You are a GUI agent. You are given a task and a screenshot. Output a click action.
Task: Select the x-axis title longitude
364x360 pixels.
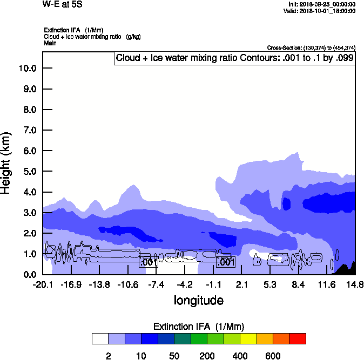pyautogui.click(x=198, y=300)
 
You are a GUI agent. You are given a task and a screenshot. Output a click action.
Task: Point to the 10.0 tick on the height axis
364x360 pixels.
pyautogui.click(x=27, y=69)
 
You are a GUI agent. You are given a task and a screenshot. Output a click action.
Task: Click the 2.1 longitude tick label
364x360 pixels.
pyautogui.click(x=241, y=284)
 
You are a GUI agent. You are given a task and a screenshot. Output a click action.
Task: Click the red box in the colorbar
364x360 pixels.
pyautogui.click(x=298, y=338)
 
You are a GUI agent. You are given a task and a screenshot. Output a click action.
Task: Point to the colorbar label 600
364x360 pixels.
pyautogui.click(x=273, y=356)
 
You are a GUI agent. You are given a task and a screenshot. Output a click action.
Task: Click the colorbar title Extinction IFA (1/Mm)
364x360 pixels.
pyautogui.click(x=199, y=327)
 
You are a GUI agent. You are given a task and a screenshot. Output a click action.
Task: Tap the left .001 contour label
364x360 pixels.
pyautogui.click(x=148, y=262)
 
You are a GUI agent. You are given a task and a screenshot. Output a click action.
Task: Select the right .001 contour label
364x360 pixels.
pyautogui.click(x=225, y=262)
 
